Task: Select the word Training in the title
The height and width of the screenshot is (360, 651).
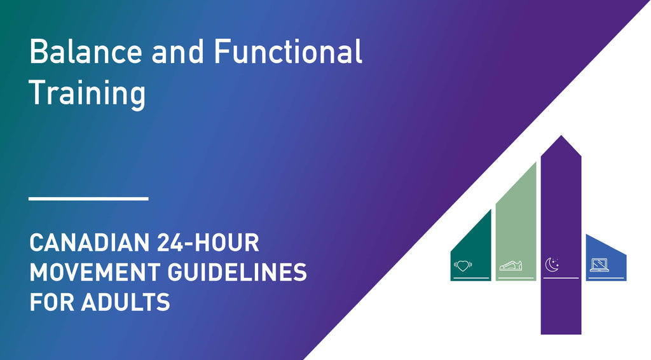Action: (87, 93)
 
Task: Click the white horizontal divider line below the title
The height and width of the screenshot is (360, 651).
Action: (88, 198)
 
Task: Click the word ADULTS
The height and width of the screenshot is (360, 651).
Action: (126, 301)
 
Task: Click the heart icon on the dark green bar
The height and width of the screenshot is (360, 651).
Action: (463, 265)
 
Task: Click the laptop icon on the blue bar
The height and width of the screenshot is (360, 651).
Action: (600, 264)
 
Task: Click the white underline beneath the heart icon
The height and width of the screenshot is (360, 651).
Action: (471, 278)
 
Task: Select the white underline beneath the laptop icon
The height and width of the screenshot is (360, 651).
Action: (606, 278)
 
